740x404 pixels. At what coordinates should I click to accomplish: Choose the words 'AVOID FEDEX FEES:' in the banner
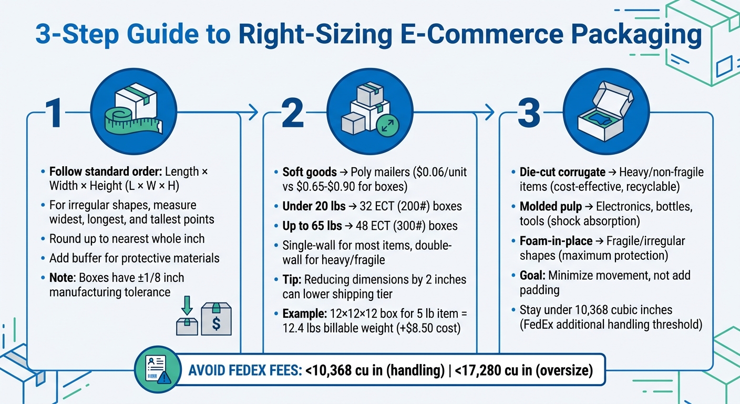tap(244, 370)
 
